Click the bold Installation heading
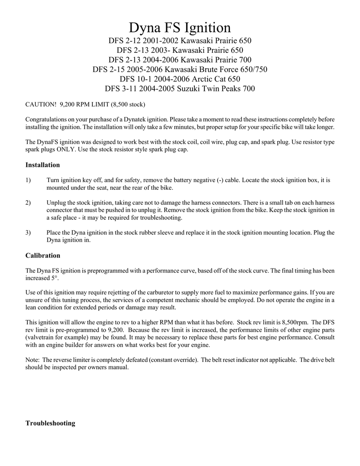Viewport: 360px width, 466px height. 43,165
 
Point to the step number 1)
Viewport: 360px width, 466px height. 28,180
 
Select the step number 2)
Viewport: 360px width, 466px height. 28,203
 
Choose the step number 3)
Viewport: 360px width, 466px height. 28,233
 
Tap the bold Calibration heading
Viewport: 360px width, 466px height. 43,256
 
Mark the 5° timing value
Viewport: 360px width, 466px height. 56,278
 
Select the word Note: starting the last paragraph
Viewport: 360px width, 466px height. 33,360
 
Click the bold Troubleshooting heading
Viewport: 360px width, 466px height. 50,423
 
